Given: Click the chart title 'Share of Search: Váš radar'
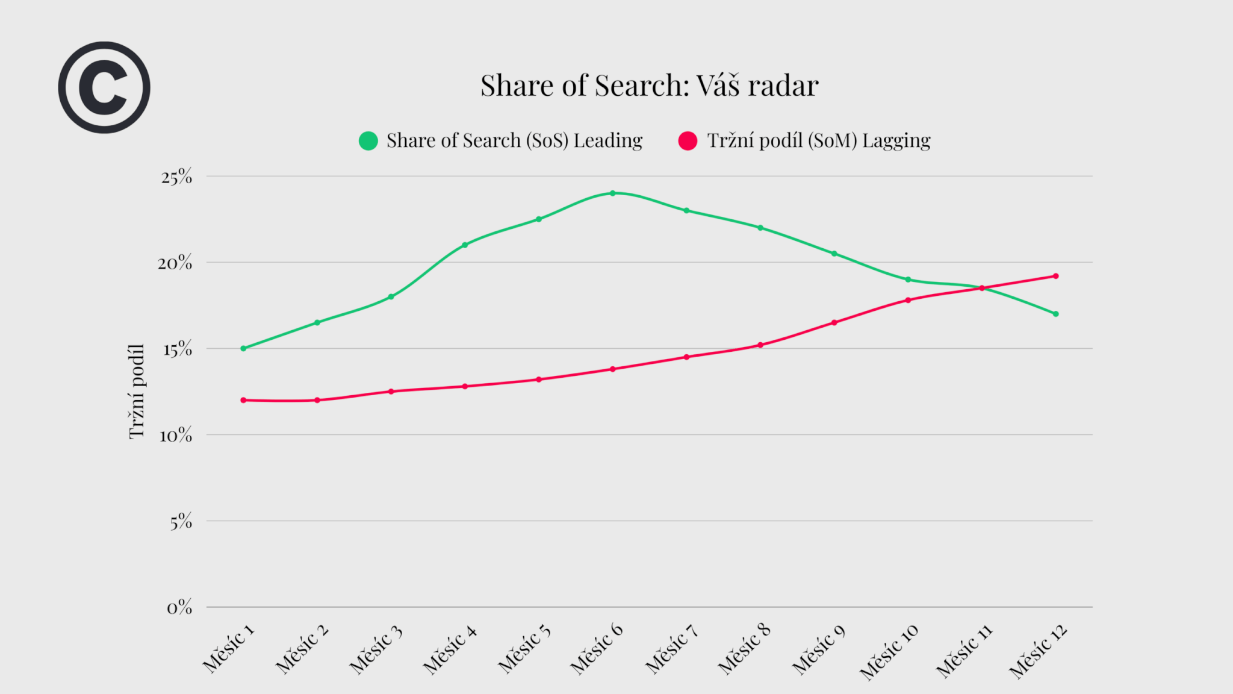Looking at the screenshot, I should coord(649,86).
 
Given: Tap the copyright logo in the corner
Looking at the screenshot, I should coord(104,87).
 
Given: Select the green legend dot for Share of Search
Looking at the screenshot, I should coord(368,140).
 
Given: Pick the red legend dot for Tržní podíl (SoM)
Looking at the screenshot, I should coord(688,140).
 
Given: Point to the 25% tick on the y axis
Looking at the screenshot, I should coord(176,177).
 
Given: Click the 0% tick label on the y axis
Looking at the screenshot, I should coord(179,608).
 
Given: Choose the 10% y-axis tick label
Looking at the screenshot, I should coord(176,436).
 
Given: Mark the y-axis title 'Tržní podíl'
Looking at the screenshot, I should coord(137,392).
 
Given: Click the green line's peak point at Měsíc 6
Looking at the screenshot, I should coord(612,193).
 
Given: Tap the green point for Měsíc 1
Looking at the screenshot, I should coord(243,348).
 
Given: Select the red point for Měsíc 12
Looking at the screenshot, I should coord(1055,276).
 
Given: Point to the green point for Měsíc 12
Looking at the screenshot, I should coord(1055,314).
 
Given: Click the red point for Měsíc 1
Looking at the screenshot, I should coord(243,400).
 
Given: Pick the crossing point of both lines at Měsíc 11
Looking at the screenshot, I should coord(981,288).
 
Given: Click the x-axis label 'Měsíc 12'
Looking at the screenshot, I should coord(1038,652).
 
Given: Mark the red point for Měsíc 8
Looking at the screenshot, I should coord(760,345).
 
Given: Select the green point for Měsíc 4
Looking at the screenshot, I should coord(465,245).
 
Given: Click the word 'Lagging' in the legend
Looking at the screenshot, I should coord(896,141).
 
